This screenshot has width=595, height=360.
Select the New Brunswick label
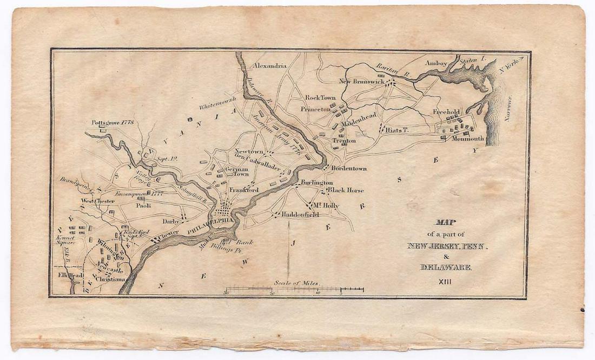[361, 82]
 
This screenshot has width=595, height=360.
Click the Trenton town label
[345, 141]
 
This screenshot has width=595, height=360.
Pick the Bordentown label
[349, 168]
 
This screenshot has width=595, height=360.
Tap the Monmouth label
[468, 138]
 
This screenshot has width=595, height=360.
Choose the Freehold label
[446, 112]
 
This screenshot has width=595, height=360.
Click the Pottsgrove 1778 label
[113, 123]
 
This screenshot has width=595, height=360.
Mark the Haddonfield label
[300, 215]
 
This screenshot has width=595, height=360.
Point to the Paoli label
[143, 205]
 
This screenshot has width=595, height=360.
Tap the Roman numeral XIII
[445, 281]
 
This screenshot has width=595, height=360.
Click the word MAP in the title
[445, 222]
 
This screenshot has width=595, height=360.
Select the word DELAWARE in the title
[446, 267]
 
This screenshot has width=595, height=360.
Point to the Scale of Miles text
[296, 283]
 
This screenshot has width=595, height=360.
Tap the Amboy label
[436, 63]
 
